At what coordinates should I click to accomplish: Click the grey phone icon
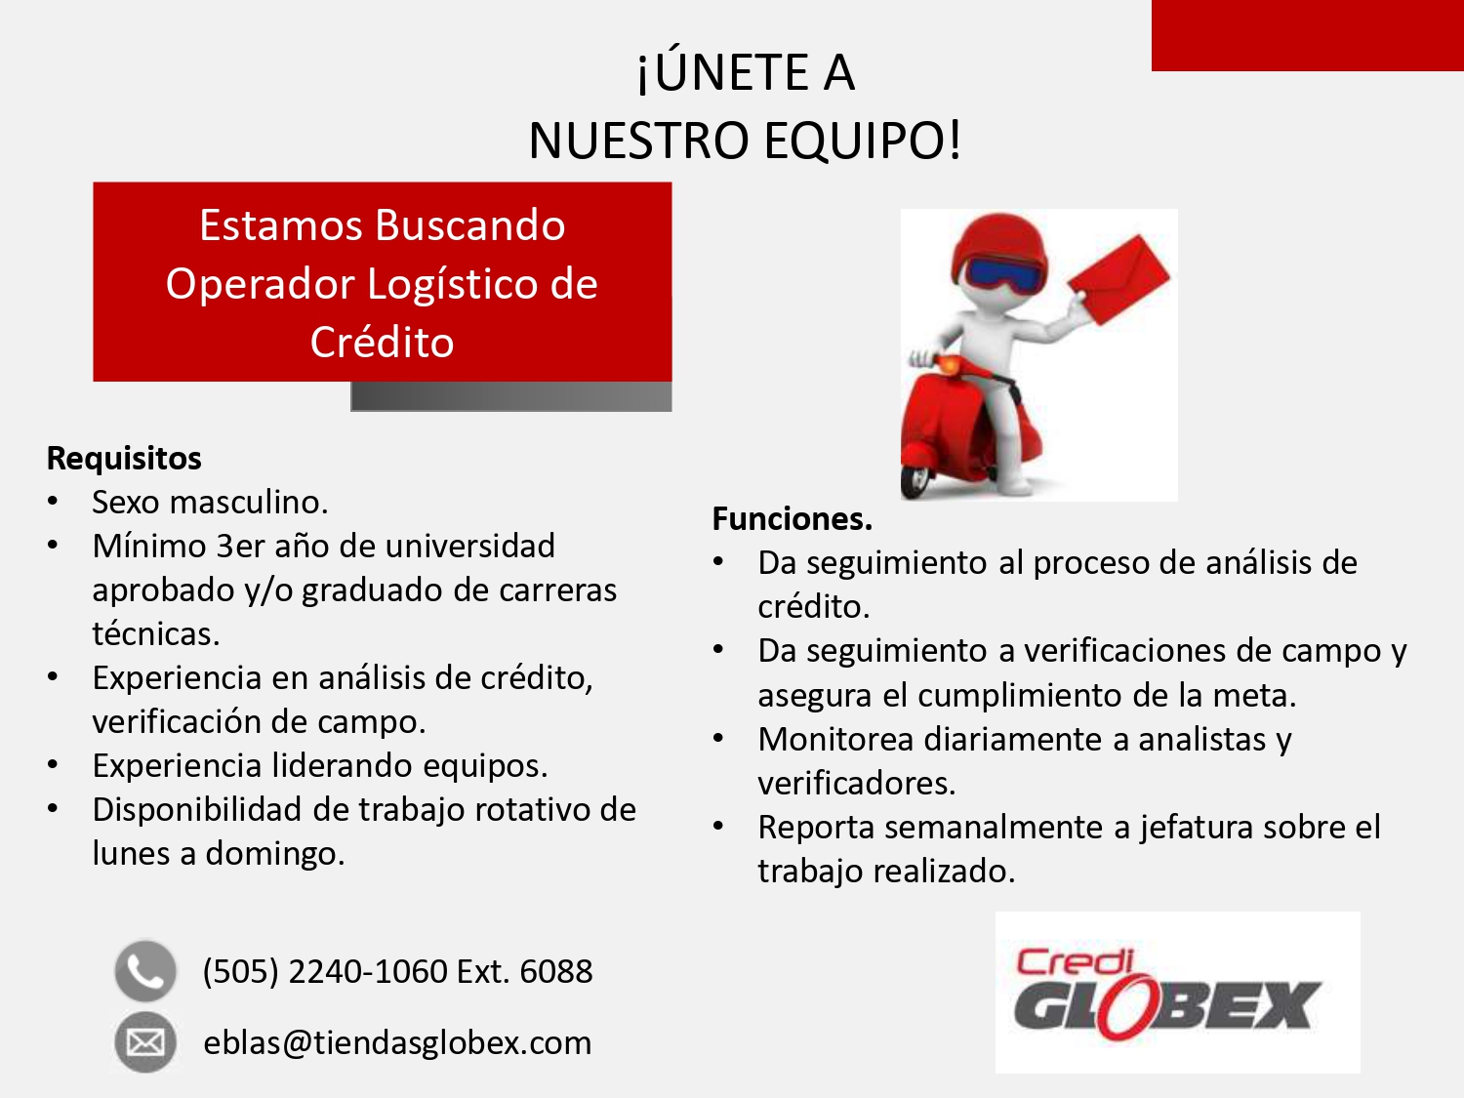point(145,971)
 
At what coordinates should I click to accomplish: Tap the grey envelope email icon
point(145,1042)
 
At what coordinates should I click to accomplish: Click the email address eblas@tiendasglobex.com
point(397,1042)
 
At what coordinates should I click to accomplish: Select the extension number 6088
point(556,971)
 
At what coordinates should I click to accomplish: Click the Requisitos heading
point(124,459)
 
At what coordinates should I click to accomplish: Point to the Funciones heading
point(793,518)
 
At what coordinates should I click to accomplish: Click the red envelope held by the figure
point(1119,279)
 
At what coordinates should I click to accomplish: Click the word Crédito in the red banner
point(383,343)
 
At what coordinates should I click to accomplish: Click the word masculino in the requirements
point(249,502)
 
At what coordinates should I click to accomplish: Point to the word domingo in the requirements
point(275,854)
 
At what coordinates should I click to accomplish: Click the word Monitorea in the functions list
point(835,740)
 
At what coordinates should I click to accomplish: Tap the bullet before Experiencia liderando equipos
point(53,764)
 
